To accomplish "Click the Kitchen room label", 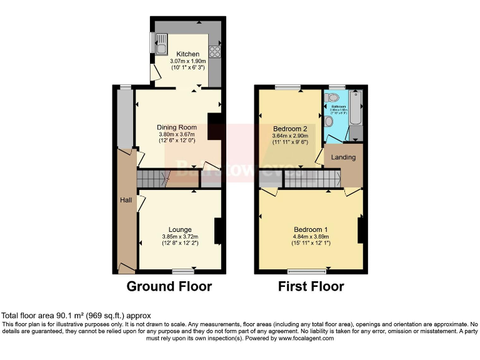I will tap(187, 53).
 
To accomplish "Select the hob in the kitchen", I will tap(214, 52).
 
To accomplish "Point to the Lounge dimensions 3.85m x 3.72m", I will tap(180, 237).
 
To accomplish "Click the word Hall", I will tap(126, 201).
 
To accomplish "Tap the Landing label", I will tap(343, 157).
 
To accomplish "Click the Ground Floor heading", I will tap(169, 287).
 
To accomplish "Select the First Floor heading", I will tap(311, 287).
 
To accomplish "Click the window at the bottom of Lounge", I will tap(182, 272).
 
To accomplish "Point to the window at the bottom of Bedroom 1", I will tap(307, 272).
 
